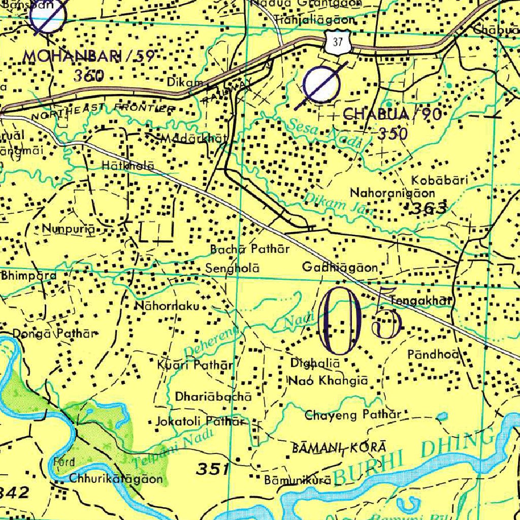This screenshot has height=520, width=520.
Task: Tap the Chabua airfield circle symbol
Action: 321,85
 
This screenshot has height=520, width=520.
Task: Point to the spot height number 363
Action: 430,208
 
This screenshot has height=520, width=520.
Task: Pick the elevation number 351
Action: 212,469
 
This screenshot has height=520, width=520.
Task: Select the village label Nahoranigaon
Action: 393,193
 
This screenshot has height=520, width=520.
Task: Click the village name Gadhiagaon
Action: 340,267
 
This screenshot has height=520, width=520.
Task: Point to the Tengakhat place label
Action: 421,301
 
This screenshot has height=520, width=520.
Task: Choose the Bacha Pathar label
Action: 250,249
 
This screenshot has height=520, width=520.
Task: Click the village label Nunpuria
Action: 69,229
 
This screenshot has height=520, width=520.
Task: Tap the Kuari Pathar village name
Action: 196,365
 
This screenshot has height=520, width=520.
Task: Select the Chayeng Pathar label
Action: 353,415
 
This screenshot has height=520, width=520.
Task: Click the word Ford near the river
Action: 64,462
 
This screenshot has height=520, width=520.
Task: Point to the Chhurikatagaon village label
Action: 116,478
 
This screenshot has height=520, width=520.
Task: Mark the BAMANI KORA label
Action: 340,448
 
